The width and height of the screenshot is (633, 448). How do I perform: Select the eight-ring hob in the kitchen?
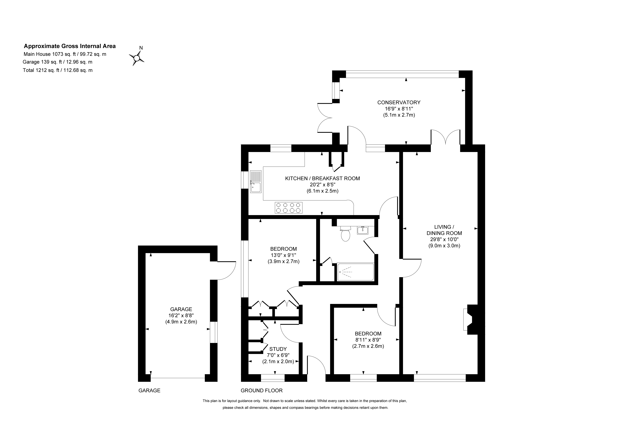(288, 208)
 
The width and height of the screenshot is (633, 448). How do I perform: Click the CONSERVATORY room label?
(399, 102)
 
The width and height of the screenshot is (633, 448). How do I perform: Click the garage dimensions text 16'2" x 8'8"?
(181, 315)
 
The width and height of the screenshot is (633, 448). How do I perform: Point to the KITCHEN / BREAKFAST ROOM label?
(322, 178)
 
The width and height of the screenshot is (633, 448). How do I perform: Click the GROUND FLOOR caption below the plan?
(262, 391)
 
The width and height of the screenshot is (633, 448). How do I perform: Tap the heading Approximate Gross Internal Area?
(70, 46)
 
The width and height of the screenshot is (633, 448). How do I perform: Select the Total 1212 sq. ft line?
(58, 70)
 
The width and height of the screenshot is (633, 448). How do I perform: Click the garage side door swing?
(227, 271)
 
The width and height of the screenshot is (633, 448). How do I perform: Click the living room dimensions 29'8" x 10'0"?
(444, 239)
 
